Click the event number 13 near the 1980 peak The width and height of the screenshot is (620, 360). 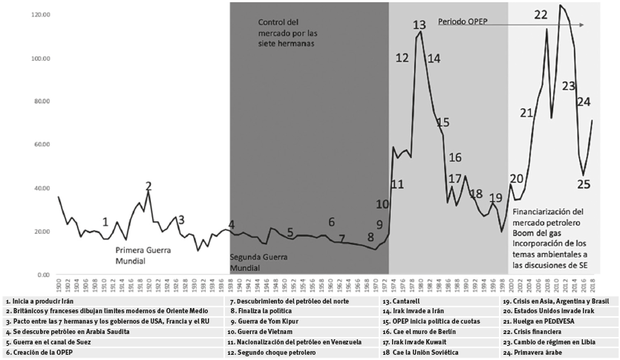point(420,25)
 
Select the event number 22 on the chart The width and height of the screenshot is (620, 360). point(541,14)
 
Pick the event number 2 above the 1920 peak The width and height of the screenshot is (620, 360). point(149,186)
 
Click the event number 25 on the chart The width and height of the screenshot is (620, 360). point(584,184)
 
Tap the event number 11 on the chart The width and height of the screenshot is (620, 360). point(397,184)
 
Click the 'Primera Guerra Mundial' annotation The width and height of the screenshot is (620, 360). point(149,255)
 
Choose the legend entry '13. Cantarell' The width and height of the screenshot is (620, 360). point(402,302)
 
